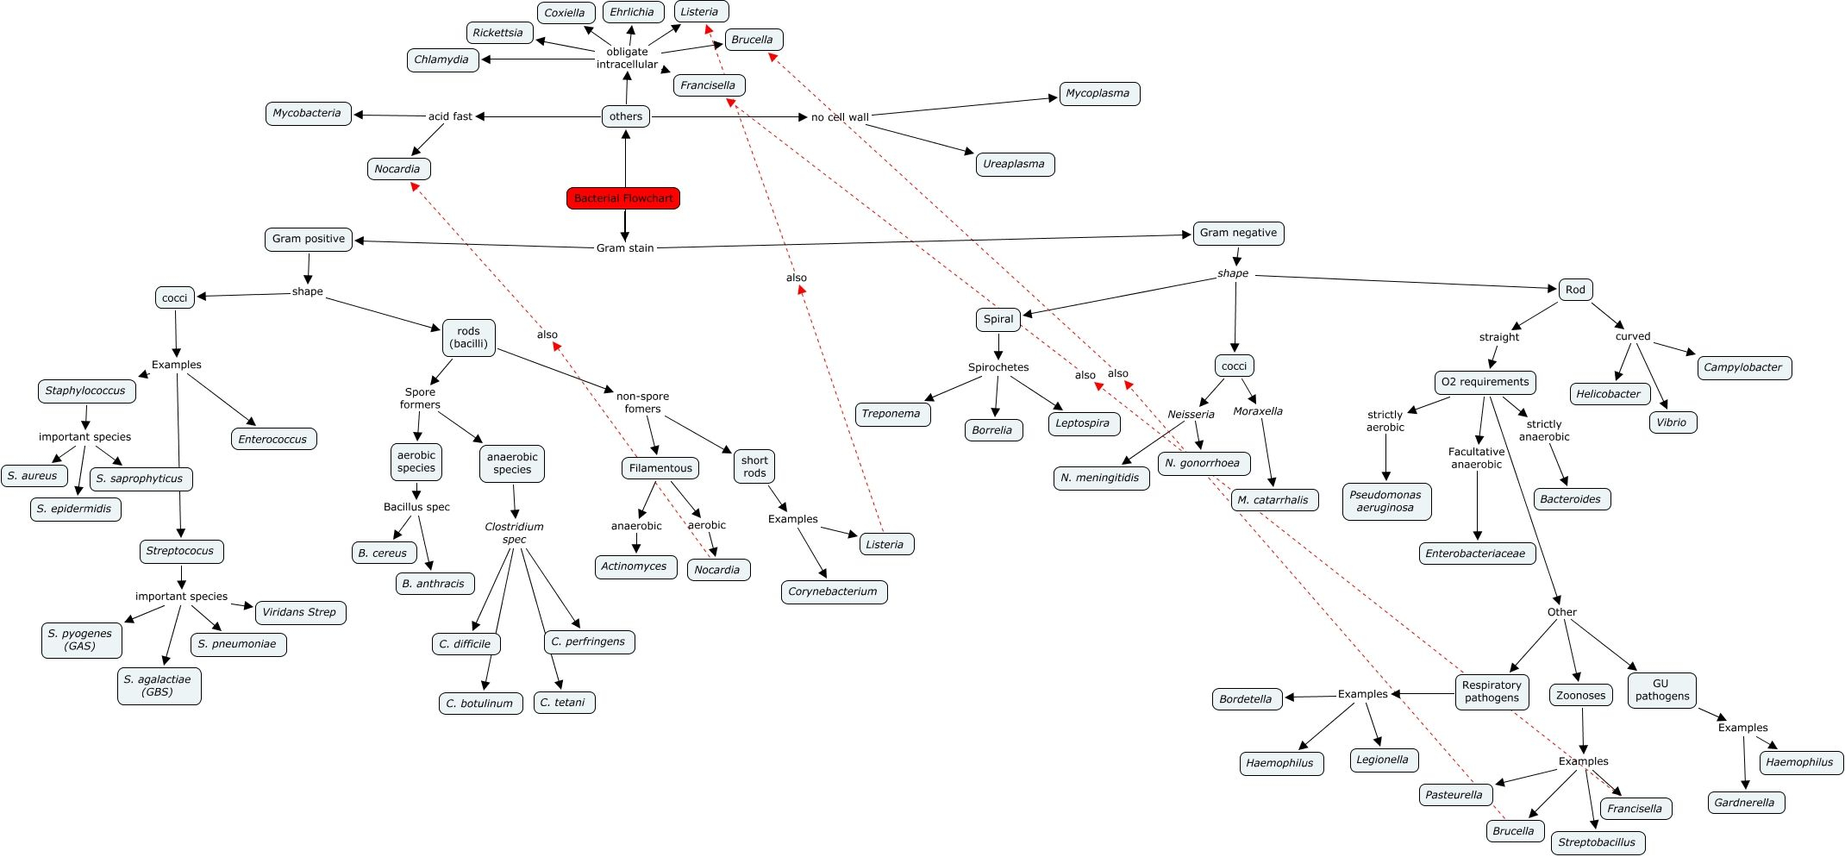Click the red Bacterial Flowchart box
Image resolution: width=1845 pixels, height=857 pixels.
[623, 198]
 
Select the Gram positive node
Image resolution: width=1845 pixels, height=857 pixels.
[309, 239]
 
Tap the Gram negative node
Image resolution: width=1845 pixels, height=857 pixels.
[1238, 233]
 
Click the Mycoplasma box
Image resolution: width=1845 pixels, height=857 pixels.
[1098, 93]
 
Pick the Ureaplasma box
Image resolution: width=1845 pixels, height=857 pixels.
[1014, 164]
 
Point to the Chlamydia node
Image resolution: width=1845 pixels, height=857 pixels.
[441, 59]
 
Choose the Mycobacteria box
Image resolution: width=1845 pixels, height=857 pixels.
[307, 113]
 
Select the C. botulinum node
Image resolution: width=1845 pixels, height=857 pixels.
[479, 704]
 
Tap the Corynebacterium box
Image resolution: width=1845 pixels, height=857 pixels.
[833, 591]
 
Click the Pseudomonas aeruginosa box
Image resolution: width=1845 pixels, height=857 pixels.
[1385, 501]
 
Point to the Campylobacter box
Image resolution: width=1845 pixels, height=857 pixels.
[1743, 367]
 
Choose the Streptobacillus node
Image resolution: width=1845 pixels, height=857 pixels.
[1597, 842]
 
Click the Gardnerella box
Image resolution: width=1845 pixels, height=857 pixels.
[1744, 803]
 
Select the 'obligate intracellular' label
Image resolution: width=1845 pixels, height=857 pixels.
[627, 58]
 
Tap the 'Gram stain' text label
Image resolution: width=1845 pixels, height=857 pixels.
[625, 248]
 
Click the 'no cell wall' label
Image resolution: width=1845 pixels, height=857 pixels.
[840, 117]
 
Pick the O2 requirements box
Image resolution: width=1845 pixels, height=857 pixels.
[1485, 382]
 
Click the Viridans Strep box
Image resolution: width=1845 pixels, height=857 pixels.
[299, 612]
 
